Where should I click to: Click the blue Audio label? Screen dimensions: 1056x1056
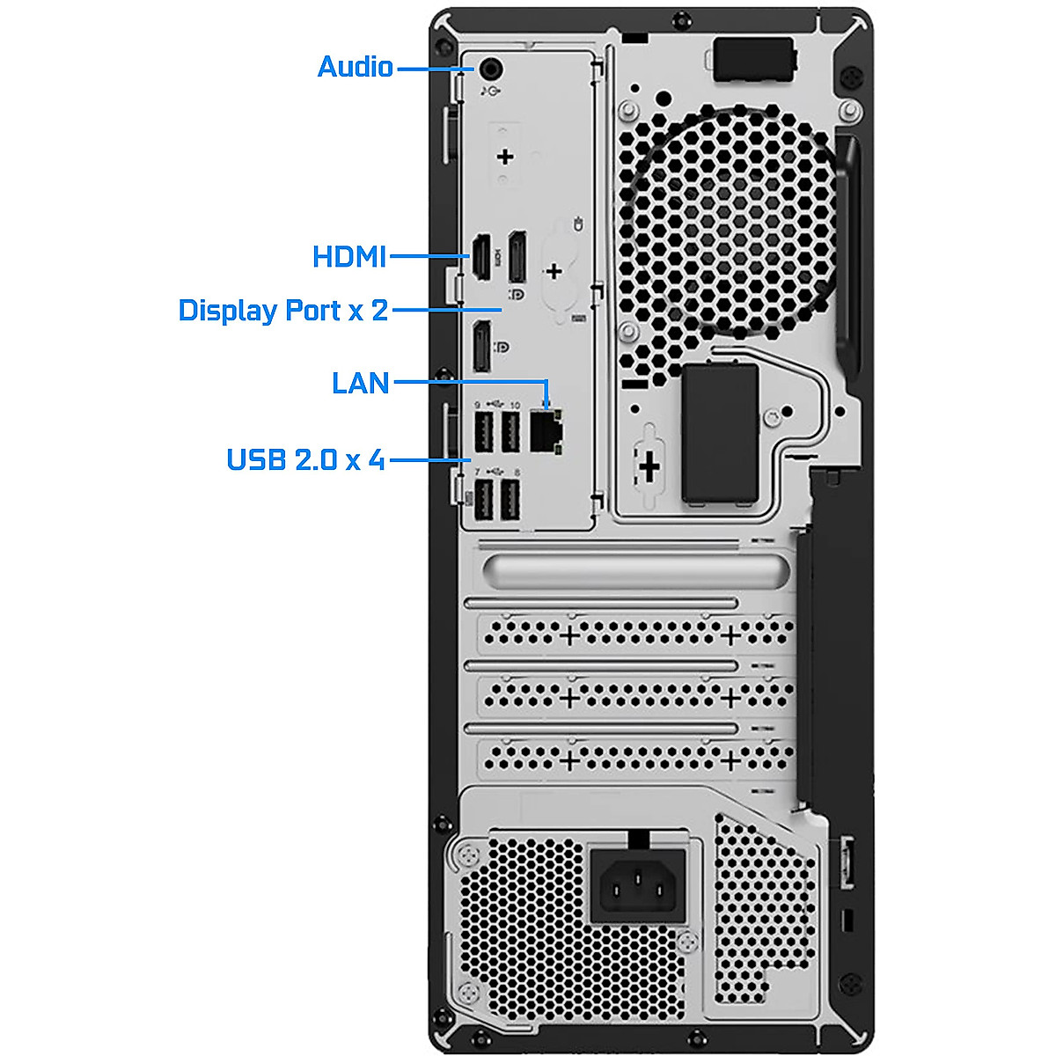coord(355,67)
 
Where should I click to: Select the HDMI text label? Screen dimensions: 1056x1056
coord(349,257)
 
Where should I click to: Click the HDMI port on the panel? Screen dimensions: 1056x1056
coord(481,257)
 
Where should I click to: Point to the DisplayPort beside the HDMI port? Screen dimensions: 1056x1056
coord(517,256)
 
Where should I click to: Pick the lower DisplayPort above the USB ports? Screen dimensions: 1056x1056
coord(481,347)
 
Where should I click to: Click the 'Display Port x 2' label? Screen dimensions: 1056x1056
coord(282,311)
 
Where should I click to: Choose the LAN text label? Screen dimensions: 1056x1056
coord(360,383)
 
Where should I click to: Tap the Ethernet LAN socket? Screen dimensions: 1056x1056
coord(546,431)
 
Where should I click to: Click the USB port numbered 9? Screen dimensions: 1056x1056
coord(482,432)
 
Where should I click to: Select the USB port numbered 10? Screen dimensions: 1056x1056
coord(510,432)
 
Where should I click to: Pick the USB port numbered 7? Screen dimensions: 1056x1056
coord(482,501)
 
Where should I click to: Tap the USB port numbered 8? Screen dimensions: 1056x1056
coord(510,501)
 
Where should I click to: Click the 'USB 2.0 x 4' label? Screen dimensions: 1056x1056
coord(305,459)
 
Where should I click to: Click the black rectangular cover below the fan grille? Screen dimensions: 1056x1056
coord(721,434)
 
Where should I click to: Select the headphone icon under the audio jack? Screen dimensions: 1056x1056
coord(491,91)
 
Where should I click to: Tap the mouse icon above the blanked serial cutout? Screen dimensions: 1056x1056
coord(577,224)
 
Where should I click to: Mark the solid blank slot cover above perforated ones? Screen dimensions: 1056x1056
coord(630,571)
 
